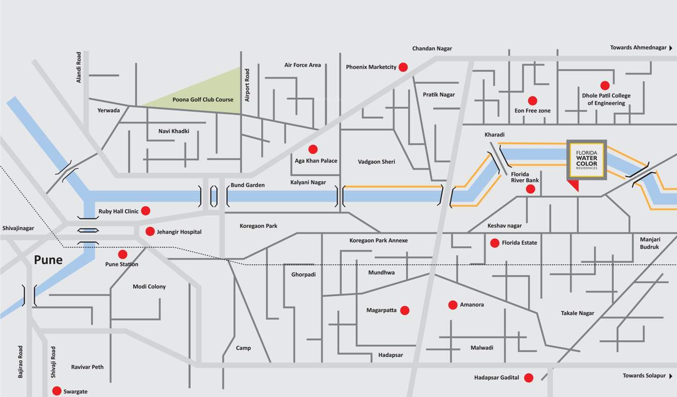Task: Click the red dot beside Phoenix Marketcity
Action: [403, 67]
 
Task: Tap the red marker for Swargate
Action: [57, 391]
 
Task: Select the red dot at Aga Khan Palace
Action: [313, 149]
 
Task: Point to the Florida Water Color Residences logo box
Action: [586, 160]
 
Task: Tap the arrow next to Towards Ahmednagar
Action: [671, 48]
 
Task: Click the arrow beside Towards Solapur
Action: [671, 376]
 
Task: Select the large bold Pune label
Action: [48, 260]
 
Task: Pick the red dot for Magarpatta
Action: [404, 310]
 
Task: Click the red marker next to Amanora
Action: [453, 304]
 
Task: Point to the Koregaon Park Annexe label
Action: [379, 240]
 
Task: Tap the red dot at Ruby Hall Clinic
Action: [146, 210]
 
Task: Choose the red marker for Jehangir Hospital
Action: [150, 232]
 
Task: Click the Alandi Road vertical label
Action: [79, 67]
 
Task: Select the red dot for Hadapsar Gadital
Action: [529, 378]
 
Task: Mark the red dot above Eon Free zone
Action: [532, 101]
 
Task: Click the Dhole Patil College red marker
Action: [605, 85]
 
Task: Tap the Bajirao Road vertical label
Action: [21, 362]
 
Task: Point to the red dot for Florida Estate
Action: [494, 243]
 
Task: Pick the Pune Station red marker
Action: [123, 254]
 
